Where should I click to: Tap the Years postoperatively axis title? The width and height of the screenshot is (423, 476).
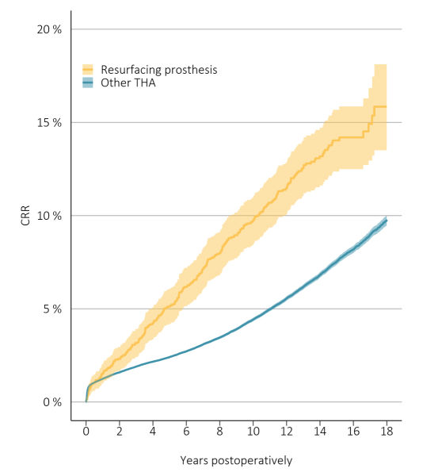(x=236, y=459)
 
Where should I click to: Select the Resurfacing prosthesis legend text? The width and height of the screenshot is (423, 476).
(x=158, y=70)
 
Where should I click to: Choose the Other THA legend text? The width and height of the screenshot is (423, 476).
(x=128, y=83)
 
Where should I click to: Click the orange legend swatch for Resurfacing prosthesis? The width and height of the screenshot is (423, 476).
(x=89, y=70)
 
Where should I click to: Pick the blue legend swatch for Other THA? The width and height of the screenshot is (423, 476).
(x=89, y=83)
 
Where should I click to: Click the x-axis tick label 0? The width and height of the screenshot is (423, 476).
(x=86, y=432)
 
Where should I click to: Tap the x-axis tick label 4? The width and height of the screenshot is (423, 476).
(x=153, y=432)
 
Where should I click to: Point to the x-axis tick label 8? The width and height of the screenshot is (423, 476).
(x=219, y=432)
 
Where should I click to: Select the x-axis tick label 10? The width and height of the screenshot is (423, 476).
(x=253, y=432)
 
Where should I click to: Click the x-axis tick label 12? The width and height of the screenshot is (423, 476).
(x=286, y=432)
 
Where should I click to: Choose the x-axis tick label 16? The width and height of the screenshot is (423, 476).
(x=352, y=432)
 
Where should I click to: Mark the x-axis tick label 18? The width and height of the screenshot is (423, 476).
(x=386, y=432)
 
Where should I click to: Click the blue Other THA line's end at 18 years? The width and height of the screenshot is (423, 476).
(x=386, y=221)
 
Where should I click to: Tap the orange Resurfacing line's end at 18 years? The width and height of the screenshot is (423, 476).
(x=386, y=106)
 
